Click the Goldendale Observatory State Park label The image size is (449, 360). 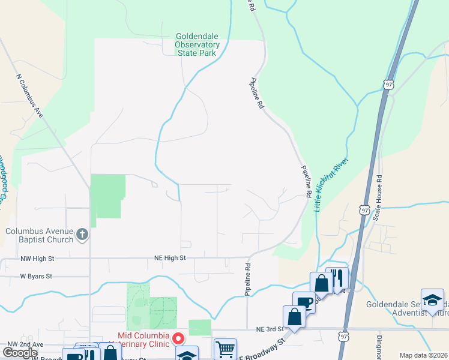[x=197, y=44]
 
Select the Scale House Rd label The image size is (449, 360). [x=378, y=198]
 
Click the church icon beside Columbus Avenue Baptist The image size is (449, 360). [x=82, y=234]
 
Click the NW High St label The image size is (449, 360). [x=37, y=258]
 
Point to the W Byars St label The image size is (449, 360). [x=36, y=277]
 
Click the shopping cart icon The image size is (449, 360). [x=224, y=348]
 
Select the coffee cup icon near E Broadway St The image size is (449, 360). [x=303, y=301]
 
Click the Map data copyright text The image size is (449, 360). [x=423, y=355]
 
